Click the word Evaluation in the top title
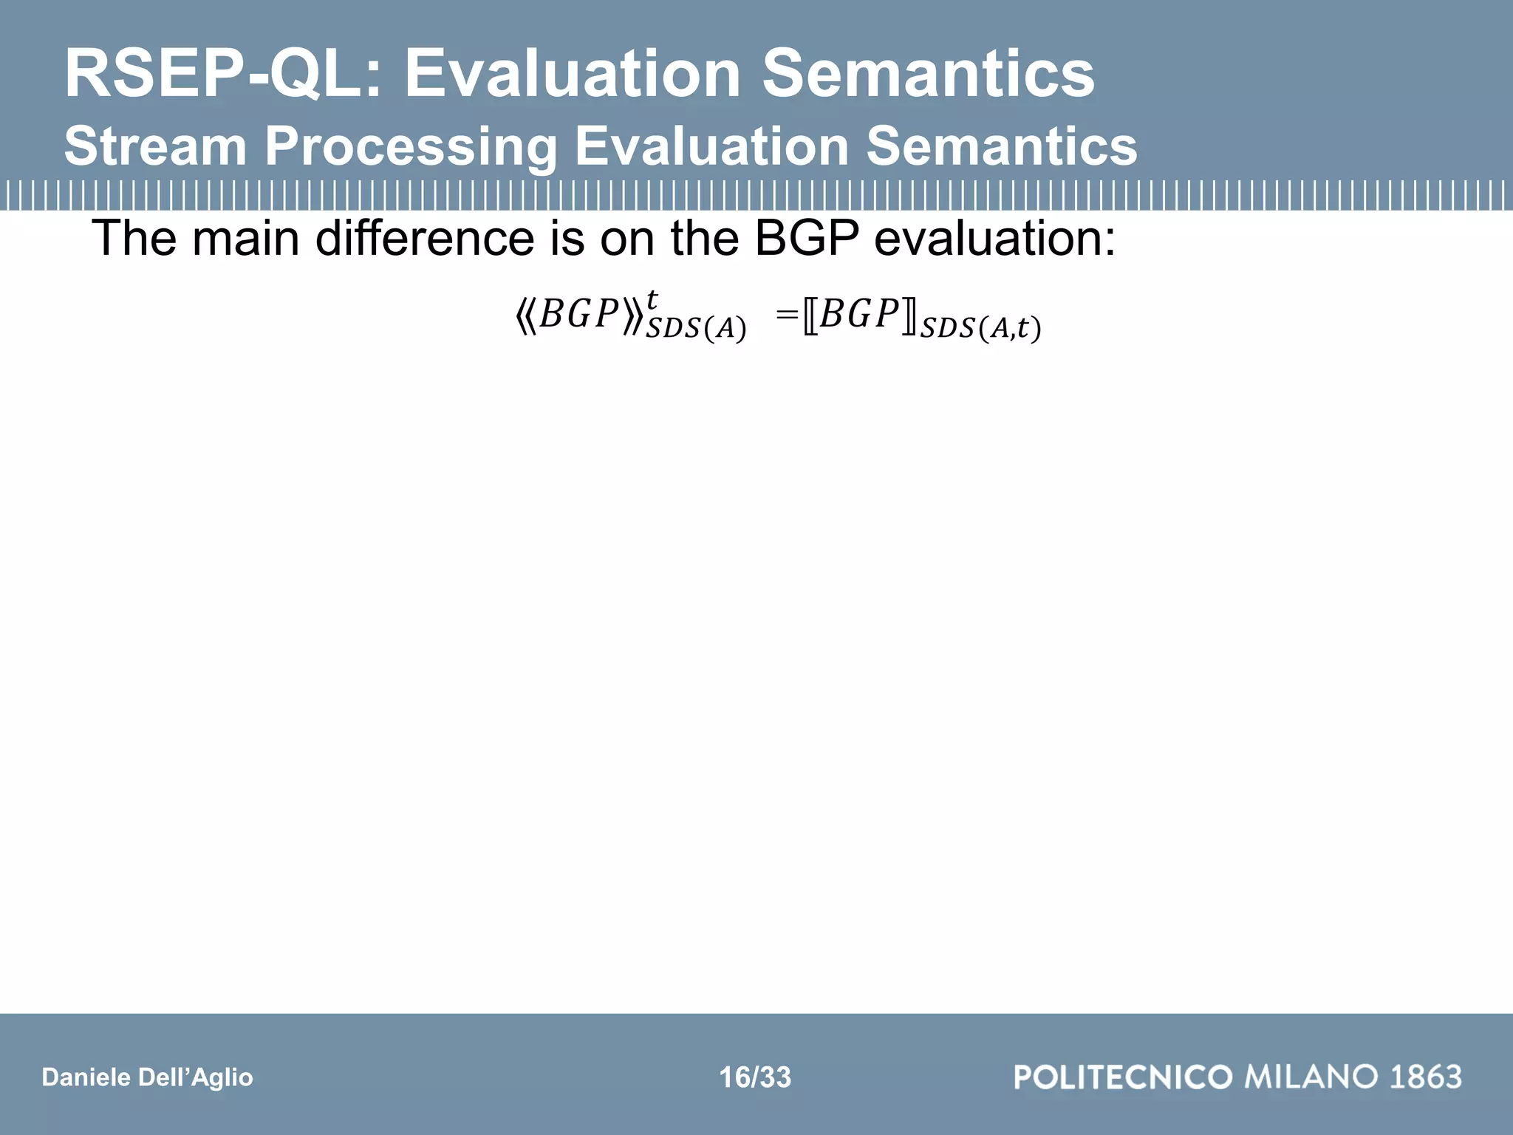coord(572,74)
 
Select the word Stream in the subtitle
coord(155,146)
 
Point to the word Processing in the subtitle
coord(411,146)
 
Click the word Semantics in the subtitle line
coord(1002,146)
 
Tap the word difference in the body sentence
coord(424,239)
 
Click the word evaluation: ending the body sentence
coord(994,239)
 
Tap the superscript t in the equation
coord(652,300)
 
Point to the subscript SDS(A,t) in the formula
coord(980,328)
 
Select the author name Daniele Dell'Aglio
coord(148,1077)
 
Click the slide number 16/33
coord(755,1077)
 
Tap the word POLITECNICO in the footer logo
coord(1123,1077)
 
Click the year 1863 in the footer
coord(1426,1077)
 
